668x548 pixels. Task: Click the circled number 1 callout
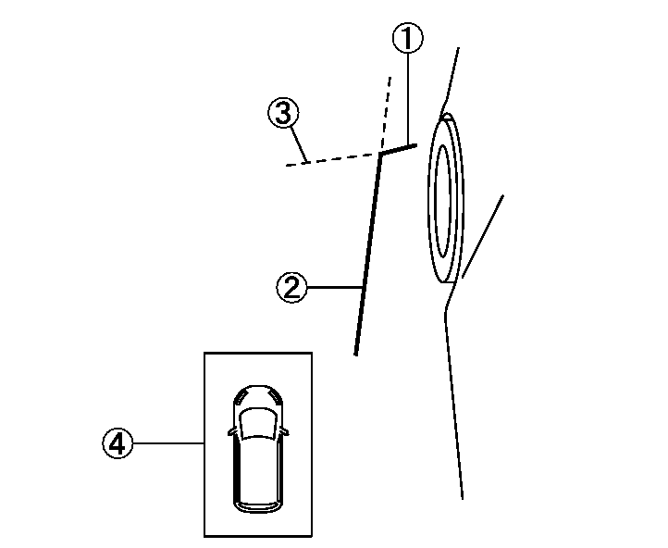[x=408, y=38]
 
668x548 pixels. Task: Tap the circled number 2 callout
[x=291, y=288]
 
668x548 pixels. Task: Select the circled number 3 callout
[x=283, y=113]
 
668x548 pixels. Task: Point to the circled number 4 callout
[x=118, y=443]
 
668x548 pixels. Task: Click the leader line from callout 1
[x=408, y=99]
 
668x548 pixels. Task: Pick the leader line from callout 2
[x=335, y=288]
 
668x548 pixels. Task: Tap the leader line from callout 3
[x=299, y=145]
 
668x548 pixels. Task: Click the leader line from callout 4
[x=168, y=443]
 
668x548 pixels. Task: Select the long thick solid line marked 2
[x=368, y=254]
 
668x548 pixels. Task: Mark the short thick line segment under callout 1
[x=399, y=149]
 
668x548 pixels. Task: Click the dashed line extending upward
[x=386, y=114]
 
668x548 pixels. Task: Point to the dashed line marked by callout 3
[x=333, y=159]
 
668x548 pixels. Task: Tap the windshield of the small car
[x=256, y=423]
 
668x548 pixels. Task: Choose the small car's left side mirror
[x=231, y=431]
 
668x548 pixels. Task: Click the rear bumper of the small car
[x=258, y=507]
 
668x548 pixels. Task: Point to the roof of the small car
[x=258, y=468]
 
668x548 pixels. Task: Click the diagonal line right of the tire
[x=483, y=236]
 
